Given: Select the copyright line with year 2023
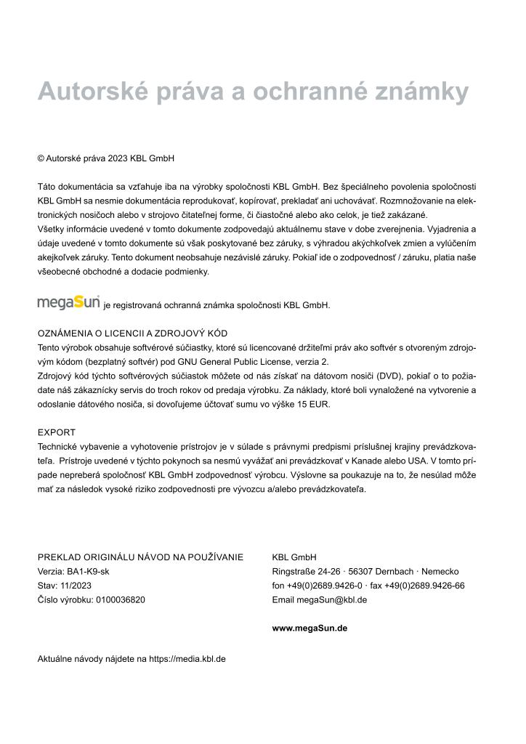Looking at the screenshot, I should (106, 158).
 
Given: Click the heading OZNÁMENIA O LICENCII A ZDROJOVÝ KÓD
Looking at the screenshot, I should (132, 333).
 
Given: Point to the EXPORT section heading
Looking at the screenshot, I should (57, 432).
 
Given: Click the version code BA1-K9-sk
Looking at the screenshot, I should (88, 571).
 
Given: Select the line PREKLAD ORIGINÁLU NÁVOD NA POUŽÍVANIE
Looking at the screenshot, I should (140, 557).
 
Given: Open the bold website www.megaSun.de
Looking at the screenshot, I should (309, 628).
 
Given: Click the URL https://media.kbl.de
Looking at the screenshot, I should (187, 659).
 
